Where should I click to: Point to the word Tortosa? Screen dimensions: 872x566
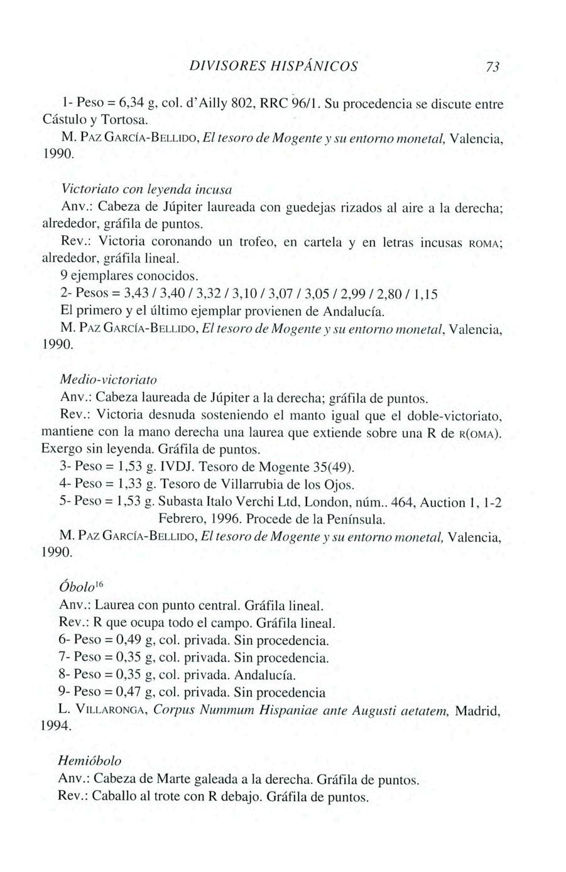[x=108, y=119]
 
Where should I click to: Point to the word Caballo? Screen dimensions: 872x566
[x=116, y=797]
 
